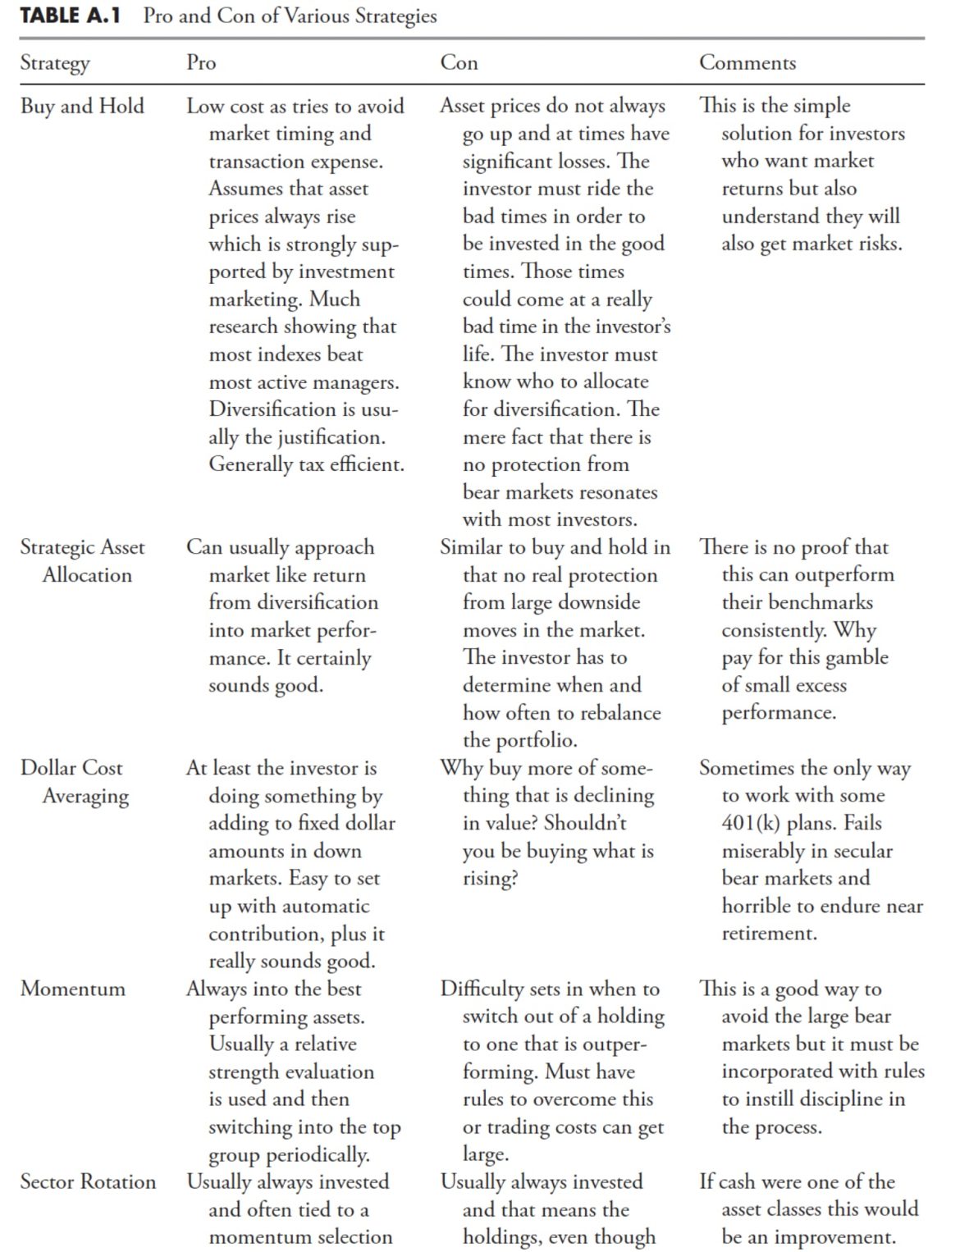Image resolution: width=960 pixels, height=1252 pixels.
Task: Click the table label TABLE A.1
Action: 70,16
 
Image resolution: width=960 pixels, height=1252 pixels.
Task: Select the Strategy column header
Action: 55,63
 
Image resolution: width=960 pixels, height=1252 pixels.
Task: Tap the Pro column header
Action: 201,63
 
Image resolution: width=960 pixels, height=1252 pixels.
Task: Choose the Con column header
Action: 459,63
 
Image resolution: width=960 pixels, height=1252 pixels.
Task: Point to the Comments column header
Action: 747,63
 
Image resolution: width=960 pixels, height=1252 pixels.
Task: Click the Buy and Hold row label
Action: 82,107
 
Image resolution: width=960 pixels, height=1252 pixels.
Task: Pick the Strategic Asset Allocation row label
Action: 82,561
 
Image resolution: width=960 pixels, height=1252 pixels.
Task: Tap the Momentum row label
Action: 73,989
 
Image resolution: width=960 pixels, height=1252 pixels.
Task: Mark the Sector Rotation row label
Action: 88,1182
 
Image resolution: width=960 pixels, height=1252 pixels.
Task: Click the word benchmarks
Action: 809,603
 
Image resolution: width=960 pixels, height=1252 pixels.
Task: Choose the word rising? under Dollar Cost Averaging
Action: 490,879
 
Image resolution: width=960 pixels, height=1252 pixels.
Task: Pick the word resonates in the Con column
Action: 615,492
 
